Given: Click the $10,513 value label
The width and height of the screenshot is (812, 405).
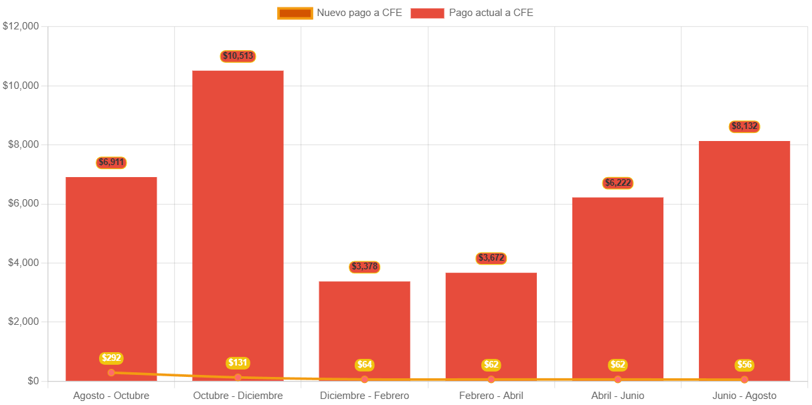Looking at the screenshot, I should (x=238, y=56).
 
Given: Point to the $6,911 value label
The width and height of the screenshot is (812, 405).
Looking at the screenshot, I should (x=111, y=162).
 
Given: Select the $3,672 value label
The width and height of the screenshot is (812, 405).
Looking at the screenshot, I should (x=491, y=258).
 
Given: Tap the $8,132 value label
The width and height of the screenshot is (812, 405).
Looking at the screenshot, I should (x=745, y=126).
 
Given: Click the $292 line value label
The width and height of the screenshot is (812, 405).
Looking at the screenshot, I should (x=111, y=358).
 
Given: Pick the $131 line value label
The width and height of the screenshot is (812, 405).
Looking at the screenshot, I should (x=238, y=363).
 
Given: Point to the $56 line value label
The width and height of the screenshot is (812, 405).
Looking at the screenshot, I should (x=744, y=365).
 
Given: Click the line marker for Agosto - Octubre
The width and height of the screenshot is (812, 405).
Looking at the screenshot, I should (x=111, y=372).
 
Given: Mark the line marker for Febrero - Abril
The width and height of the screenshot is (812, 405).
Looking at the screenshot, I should (x=491, y=380).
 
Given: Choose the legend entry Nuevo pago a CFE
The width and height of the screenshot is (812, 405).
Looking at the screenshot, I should (x=339, y=13).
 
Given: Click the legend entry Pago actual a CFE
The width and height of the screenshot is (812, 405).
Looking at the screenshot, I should (x=471, y=13).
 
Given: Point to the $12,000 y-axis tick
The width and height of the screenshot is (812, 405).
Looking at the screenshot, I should (x=21, y=27).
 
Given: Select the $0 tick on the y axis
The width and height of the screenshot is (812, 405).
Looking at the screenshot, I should (x=32, y=381).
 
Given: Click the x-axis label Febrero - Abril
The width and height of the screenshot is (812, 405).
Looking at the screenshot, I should (x=491, y=396).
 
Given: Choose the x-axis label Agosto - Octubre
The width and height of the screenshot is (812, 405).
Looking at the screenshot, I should (x=111, y=396).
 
